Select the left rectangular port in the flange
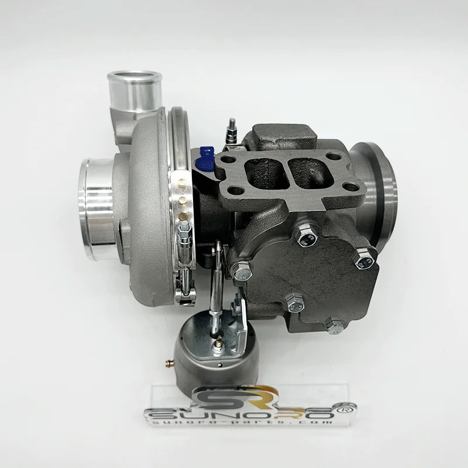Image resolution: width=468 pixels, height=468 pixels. pyautogui.click(x=260, y=171)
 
